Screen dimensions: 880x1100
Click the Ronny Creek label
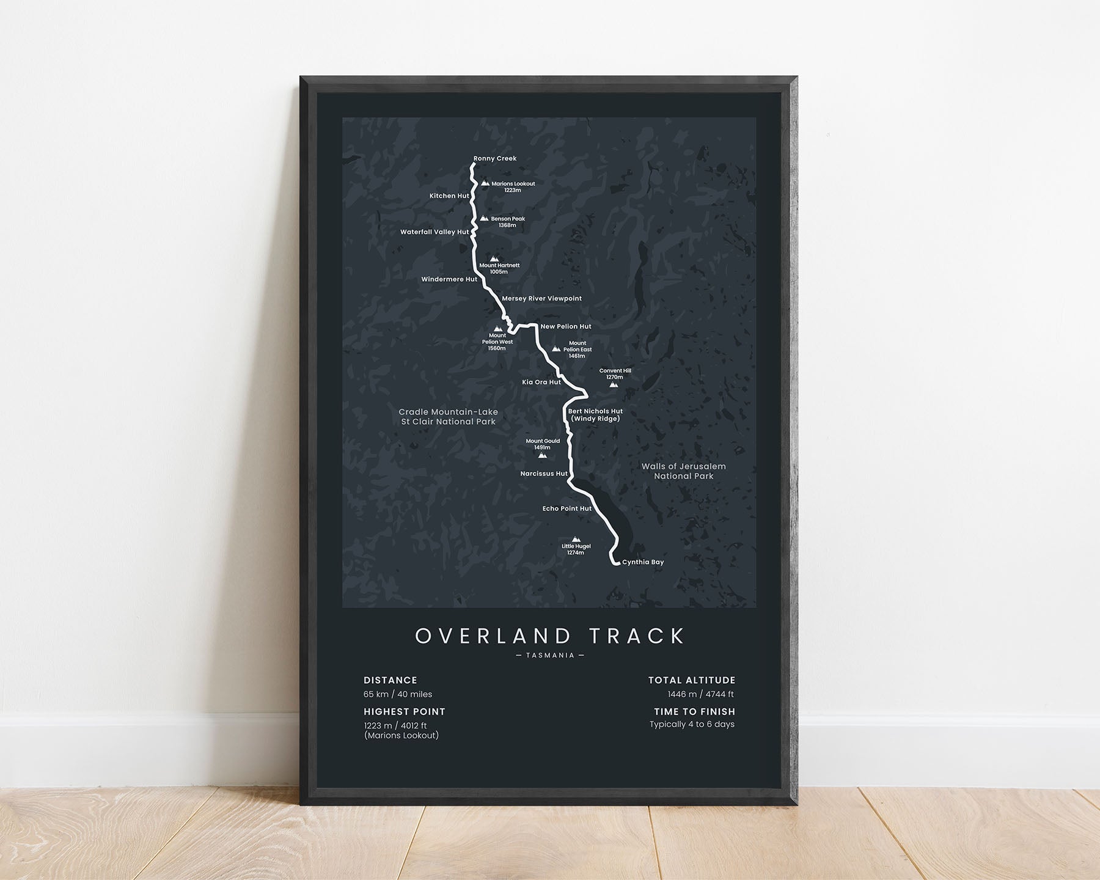pyautogui.click(x=494, y=159)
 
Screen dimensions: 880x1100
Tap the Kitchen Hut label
pyautogui.click(x=449, y=196)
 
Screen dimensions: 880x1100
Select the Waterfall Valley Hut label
pyautogui.click(x=435, y=232)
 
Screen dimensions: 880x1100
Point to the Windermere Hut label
pyautogui.click(x=449, y=280)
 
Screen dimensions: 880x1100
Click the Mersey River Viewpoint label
pyautogui.click(x=541, y=299)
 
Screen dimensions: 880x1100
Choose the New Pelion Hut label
pyautogui.click(x=566, y=327)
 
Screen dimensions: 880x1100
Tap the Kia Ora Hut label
pyautogui.click(x=541, y=383)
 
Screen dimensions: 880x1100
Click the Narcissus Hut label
pyautogui.click(x=544, y=474)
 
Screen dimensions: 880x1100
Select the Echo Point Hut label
pyautogui.click(x=566, y=508)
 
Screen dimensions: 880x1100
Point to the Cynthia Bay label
pyautogui.click(x=643, y=562)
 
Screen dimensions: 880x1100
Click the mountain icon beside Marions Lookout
pyautogui.click(x=485, y=183)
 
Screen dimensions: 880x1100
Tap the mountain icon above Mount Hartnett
pyautogui.click(x=494, y=258)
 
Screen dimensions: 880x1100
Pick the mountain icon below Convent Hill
pyautogui.click(x=614, y=385)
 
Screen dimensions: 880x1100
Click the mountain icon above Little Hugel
pyautogui.click(x=576, y=539)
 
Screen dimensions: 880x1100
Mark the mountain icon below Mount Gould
pyautogui.click(x=542, y=455)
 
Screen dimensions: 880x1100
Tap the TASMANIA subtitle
pyautogui.click(x=550, y=655)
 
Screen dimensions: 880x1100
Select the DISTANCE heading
pyautogui.click(x=391, y=680)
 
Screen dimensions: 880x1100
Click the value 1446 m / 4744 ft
pyautogui.click(x=700, y=694)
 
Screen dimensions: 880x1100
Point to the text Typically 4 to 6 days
pyautogui.click(x=692, y=725)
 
